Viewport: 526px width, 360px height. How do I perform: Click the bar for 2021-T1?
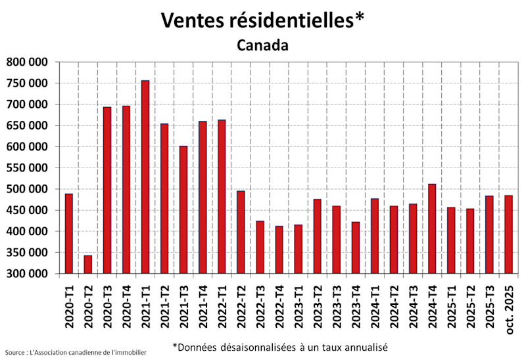coord(145,177)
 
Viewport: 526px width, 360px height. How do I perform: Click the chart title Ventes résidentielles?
coord(263,20)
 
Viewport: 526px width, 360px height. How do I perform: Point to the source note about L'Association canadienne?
coord(76,353)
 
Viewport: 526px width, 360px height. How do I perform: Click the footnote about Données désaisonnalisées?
coord(280,346)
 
